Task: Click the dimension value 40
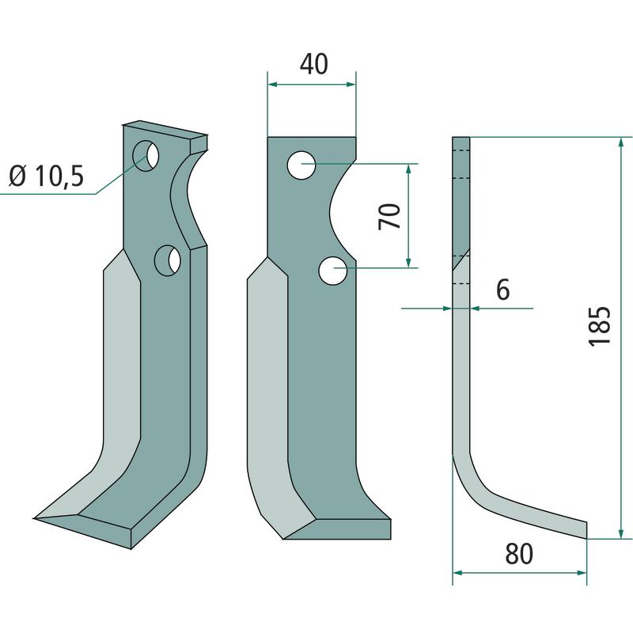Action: (313, 64)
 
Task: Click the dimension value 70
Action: (389, 216)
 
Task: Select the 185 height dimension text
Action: (599, 326)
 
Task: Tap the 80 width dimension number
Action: (519, 554)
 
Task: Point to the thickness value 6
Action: (503, 290)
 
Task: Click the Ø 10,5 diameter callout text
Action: (47, 176)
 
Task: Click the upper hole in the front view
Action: (301, 165)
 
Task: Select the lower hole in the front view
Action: (332, 271)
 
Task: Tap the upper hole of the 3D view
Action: (146, 155)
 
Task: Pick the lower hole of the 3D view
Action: (168, 260)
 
